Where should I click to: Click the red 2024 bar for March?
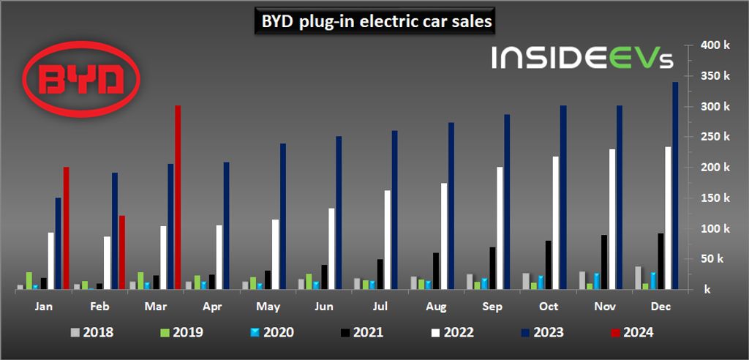(x=178, y=198)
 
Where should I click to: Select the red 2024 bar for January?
(x=66, y=228)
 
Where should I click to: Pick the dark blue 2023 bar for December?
(x=675, y=186)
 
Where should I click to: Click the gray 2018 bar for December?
(x=638, y=278)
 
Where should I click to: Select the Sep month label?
(x=492, y=307)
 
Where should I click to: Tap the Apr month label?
(x=212, y=307)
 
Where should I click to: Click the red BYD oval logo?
(x=80, y=75)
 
